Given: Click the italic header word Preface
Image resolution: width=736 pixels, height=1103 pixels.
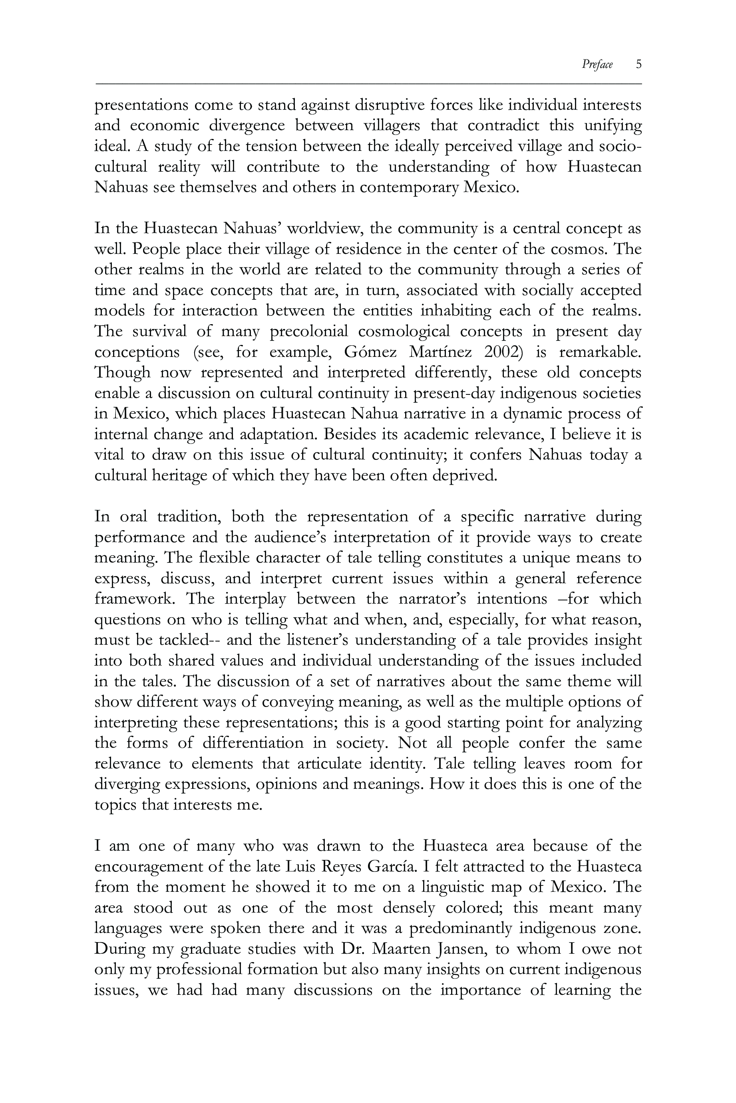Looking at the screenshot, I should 597,64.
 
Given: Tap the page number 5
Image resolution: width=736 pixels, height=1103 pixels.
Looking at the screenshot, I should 639,64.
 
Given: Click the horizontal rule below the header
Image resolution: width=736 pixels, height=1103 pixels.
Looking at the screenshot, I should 368,84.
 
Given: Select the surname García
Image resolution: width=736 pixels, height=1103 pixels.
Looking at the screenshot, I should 392,867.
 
